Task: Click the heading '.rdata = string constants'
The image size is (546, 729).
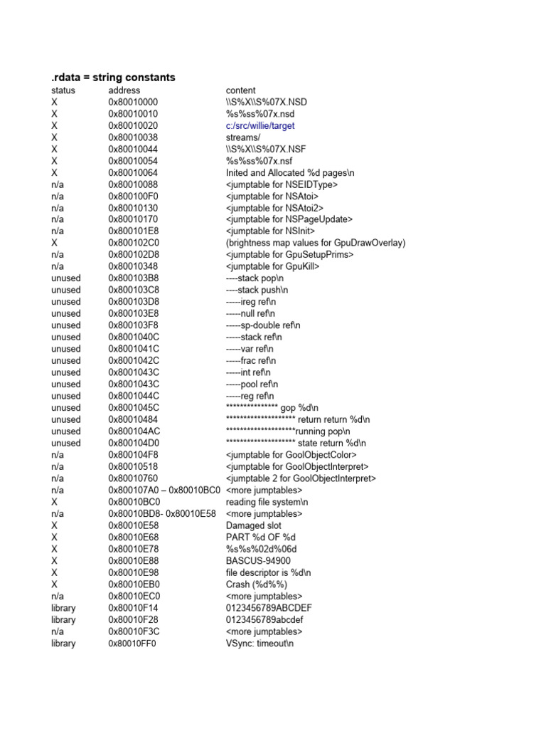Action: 113,77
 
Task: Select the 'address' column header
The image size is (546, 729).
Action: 124,90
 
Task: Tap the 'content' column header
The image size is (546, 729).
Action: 241,90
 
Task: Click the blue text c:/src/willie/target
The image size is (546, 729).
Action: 260,126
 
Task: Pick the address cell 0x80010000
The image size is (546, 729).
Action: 133,103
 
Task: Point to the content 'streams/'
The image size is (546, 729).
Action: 243,137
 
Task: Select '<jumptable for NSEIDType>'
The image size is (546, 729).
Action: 282,184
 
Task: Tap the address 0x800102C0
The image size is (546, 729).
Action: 134,243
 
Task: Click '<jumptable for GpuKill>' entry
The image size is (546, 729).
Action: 272,266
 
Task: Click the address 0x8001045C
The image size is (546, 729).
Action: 134,408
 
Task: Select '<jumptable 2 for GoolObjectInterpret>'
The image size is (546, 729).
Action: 301,478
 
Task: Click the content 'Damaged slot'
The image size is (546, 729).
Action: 250,525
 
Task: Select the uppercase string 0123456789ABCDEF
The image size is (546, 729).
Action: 269,608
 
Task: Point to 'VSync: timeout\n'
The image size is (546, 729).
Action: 259,644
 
